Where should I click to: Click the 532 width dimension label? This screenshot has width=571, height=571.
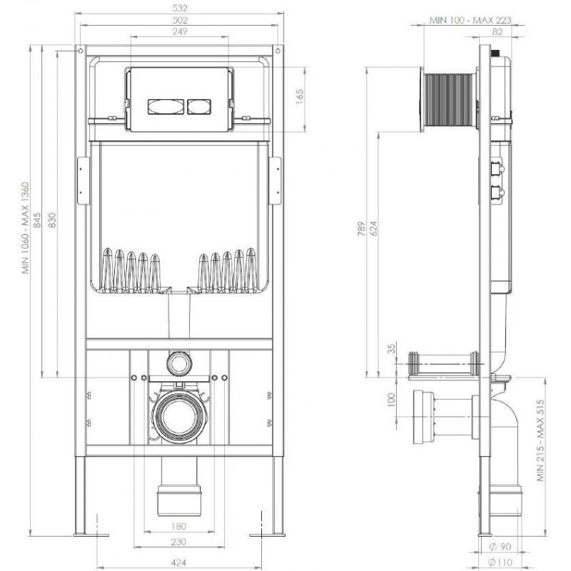(180, 7)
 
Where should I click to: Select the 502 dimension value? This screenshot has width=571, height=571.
(180, 20)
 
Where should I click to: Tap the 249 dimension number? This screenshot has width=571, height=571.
(180, 31)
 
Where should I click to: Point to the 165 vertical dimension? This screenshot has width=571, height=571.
(299, 98)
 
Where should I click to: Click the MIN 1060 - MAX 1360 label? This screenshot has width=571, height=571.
(26, 228)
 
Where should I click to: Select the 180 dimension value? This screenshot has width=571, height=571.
(178, 526)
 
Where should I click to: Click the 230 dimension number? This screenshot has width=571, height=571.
(178, 542)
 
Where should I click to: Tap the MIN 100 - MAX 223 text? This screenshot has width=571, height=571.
(470, 20)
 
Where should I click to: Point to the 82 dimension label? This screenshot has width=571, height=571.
(497, 31)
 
